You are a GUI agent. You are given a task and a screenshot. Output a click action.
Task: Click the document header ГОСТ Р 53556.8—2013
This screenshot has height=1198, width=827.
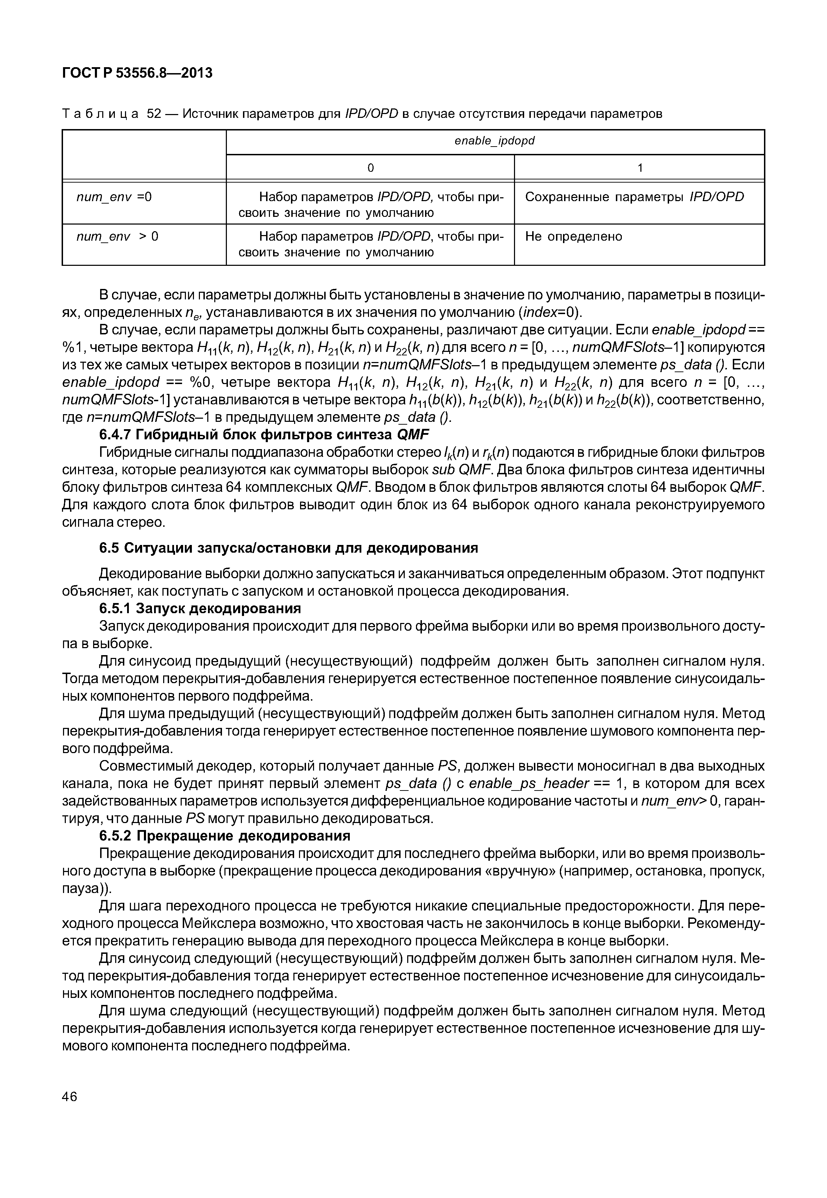(137, 73)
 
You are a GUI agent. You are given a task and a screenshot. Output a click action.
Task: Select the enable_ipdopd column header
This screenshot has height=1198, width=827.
(494, 141)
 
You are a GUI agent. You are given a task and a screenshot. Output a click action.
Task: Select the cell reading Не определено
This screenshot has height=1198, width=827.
(574, 236)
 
